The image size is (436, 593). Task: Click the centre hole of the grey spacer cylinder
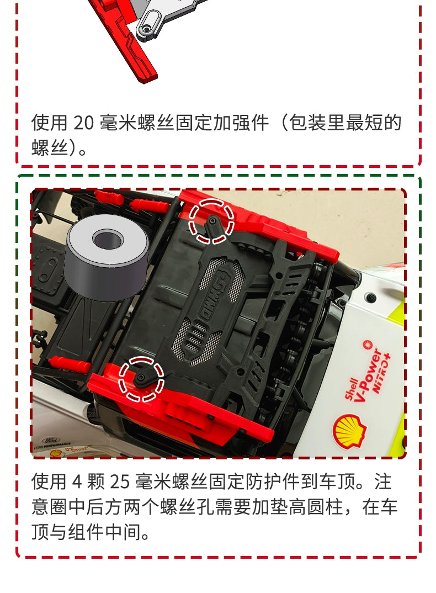(108, 239)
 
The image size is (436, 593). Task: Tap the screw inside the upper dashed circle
(213, 222)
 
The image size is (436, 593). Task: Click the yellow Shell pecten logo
(349, 431)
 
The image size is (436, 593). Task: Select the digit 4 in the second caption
(76, 482)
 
